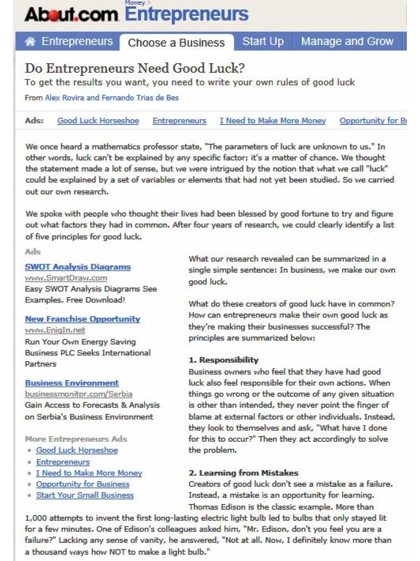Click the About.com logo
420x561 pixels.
tap(71, 15)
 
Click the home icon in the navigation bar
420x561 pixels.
tap(30, 42)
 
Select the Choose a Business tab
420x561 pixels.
tap(176, 43)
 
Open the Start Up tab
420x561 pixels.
tap(263, 42)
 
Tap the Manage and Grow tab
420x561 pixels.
tap(347, 42)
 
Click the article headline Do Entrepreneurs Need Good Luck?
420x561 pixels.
tap(135, 68)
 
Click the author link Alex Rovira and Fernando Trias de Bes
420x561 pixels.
tap(112, 98)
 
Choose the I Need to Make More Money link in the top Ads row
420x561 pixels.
tap(273, 121)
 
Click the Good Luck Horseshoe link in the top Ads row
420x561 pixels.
tap(98, 121)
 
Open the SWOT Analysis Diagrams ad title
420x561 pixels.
tap(78, 267)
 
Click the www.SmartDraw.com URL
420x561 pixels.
tap(66, 278)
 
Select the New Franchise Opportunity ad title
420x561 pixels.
tap(83, 319)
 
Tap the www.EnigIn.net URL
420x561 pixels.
tap(55, 330)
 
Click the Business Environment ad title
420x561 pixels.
tap(72, 383)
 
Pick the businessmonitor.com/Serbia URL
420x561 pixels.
tap(79, 394)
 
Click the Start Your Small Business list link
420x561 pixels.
tap(85, 495)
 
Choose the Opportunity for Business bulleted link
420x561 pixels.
tap(83, 484)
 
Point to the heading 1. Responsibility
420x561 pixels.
tap(224, 360)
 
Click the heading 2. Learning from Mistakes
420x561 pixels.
tap(243, 473)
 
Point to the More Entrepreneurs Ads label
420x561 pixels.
tap(76, 439)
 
